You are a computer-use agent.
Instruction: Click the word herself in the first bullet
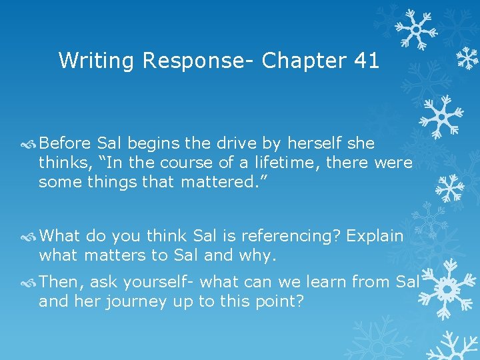[x=317, y=143]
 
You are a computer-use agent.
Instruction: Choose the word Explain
[x=375, y=236]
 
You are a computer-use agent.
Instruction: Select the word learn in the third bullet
[x=321, y=282]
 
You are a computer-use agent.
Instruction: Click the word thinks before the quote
[x=61, y=163]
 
